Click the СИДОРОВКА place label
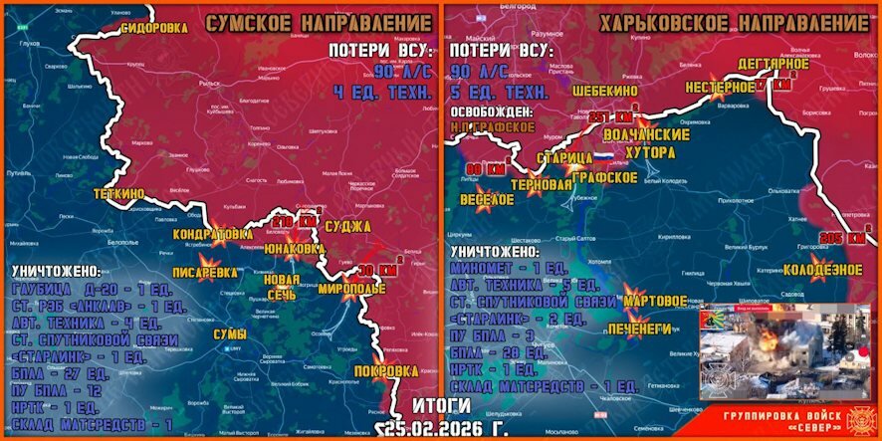click(x=154, y=28)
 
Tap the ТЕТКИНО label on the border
click(x=119, y=192)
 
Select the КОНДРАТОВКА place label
click(x=214, y=234)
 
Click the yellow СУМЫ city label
click(x=230, y=334)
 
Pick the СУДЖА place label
click(x=348, y=227)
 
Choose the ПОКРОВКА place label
click(x=385, y=370)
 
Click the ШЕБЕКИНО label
click(x=605, y=90)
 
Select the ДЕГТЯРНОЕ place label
click(x=773, y=64)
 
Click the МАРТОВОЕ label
click(x=654, y=299)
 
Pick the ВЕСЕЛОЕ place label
click(x=487, y=199)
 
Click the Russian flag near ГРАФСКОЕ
click(x=604, y=157)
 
